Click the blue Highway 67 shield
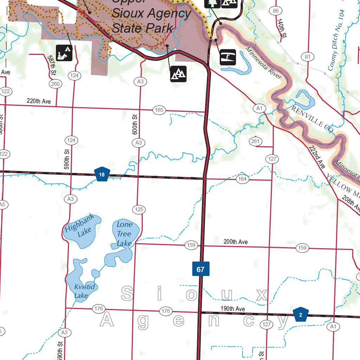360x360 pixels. (x=201, y=269)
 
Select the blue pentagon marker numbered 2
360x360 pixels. (x=301, y=315)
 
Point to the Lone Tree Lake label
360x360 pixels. (x=124, y=234)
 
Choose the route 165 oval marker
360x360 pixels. (x=159, y=110)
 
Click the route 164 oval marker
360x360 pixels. (x=242, y=179)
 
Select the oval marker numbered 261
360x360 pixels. (x=256, y=141)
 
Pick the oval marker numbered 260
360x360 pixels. (x=55, y=84)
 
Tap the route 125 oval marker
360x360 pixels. (x=139, y=210)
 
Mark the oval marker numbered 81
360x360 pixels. (x=308, y=57)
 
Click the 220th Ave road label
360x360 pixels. (x=39, y=101)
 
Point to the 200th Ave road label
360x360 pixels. (x=236, y=242)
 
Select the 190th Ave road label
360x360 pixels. (x=233, y=309)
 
